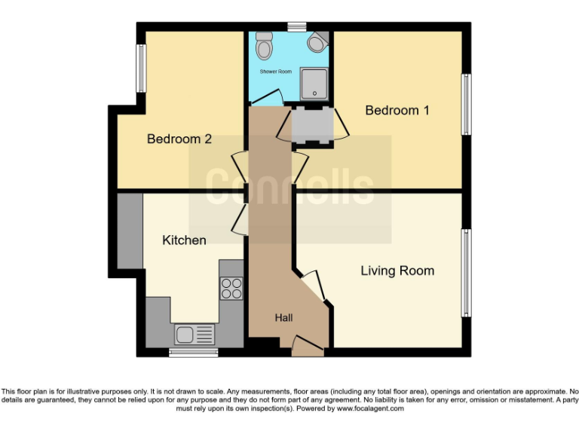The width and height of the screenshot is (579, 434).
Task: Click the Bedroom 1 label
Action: (x=397, y=111)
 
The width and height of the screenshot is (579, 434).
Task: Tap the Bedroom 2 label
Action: (x=179, y=139)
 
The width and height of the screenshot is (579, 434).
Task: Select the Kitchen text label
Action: (x=184, y=240)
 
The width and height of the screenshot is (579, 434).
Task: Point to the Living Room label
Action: (x=397, y=270)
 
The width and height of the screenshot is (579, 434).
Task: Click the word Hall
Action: (x=283, y=319)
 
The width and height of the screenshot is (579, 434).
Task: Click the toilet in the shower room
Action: (x=264, y=48)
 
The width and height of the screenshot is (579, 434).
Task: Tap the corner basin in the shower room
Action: (x=317, y=42)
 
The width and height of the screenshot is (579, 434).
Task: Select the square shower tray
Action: (x=314, y=84)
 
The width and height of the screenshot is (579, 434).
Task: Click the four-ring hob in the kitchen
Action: (x=231, y=289)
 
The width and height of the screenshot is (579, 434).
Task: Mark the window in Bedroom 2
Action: (x=140, y=69)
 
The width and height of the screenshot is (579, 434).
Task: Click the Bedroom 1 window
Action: (x=467, y=104)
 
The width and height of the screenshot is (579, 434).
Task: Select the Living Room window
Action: (x=467, y=273)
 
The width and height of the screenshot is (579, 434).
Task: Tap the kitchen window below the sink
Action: (x=193, y=352)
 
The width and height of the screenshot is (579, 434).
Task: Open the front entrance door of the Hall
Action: (x=308, y=347)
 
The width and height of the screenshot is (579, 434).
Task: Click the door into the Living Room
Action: (x=312, y=286)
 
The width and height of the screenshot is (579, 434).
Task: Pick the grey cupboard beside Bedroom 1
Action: (x=311, y=126)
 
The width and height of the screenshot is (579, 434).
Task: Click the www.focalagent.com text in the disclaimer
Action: (x=369, y=408)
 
